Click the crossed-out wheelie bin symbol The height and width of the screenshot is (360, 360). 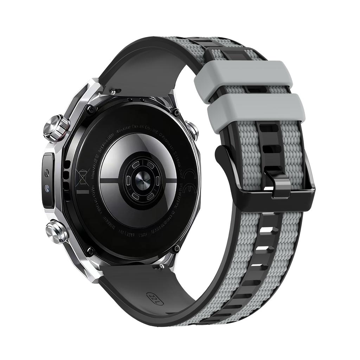click(x=82, y=176)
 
